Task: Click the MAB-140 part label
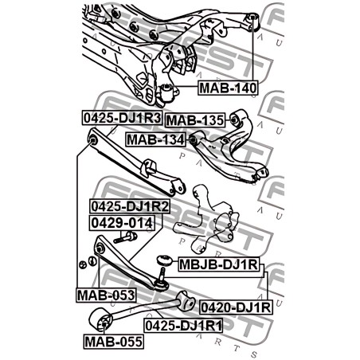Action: coord(228,88)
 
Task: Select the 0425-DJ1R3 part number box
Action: coord(122,118)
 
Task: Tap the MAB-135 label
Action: coord(195,120)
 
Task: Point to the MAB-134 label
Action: coord(155,139)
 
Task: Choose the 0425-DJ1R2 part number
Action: coord(130,206)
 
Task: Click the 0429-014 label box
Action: coord(122,223)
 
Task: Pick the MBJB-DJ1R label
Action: coord(218,264)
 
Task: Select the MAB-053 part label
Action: coord(106,295)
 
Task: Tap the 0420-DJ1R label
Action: coord(236,307)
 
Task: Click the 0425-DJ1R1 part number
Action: coord(183,326)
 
